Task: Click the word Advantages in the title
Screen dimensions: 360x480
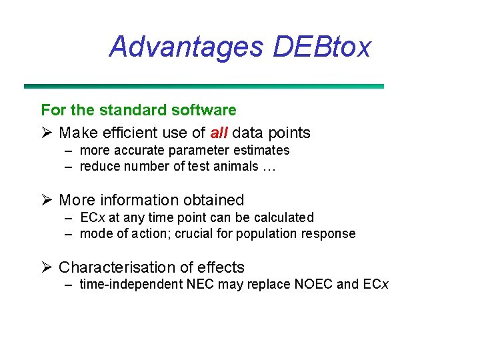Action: (x=186, y=47)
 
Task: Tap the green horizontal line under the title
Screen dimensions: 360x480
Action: (x=203, y=86)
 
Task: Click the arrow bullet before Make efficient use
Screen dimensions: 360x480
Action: (x=47, y=133)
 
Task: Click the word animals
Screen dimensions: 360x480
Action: (x=235, y=166)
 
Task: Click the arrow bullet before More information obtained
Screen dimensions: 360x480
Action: (x=47, y=200)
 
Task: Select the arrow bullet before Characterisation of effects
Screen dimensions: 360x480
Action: (x=47, y=267)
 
